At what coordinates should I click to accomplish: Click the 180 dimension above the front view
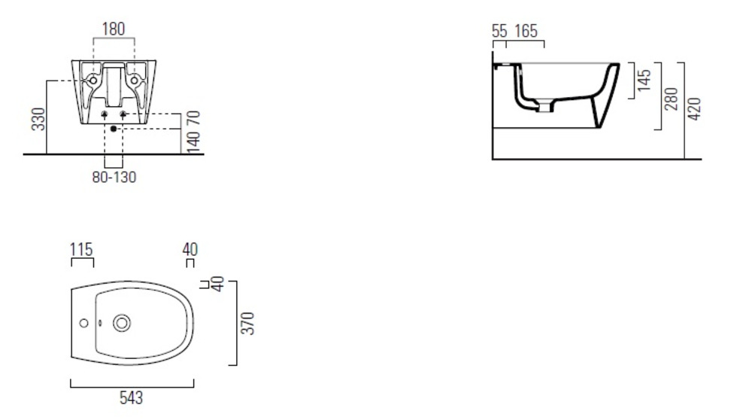point(114,29)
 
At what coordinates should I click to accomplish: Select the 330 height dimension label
point(38,119)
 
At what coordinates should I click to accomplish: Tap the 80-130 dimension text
point(114,177)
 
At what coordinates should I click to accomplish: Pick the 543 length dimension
point(132,397)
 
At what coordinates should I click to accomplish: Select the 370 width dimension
point(247,323)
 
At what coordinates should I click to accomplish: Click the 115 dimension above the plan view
point(81,250)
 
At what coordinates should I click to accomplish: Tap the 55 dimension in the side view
point(499,31)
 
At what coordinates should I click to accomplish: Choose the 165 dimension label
point(526,31)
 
